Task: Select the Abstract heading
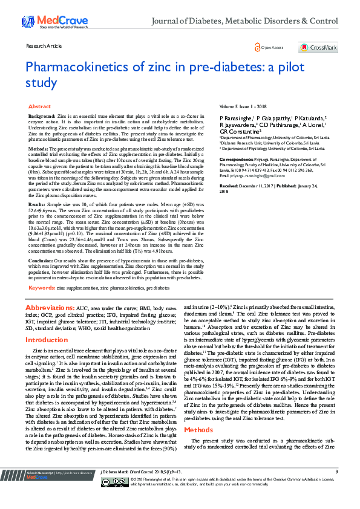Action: click(x=40, y=106)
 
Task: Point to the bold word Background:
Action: click(x=42, y=115)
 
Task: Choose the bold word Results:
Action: click(x=38, y=205)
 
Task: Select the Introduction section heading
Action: click(x=47, y=340)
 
